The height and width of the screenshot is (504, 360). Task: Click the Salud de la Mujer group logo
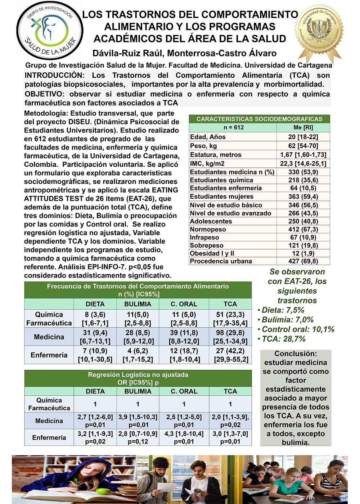click(50, 30)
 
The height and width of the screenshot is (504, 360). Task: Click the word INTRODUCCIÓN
click(54, 75)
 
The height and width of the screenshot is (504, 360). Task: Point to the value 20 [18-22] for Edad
click(303, 137)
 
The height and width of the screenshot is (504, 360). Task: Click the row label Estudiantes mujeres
click(221, 197)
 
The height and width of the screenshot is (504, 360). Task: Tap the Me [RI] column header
click(303, 127)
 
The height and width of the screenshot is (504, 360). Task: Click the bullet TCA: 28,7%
click(283, 339)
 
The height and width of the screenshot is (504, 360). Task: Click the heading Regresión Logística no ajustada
click(138, 374)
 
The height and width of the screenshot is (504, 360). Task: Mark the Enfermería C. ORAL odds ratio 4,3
click(184, 434)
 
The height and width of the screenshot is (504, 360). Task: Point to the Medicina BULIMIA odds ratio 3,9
click(138, 417)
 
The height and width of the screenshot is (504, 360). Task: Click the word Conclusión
click(296, 354)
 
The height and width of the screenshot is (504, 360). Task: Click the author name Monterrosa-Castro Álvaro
click(222, 53)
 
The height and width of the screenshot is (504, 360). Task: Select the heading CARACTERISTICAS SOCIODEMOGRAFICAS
click(259, 119)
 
